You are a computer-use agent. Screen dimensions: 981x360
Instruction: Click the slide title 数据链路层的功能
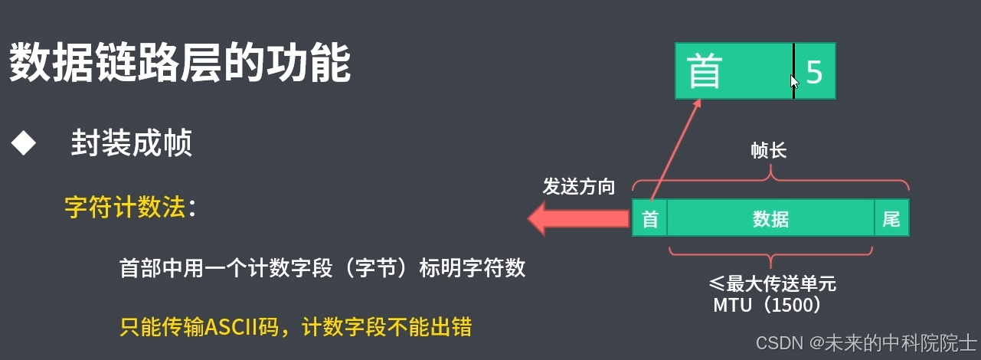click(180, 63)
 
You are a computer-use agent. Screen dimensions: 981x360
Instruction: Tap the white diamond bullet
click(24, 143)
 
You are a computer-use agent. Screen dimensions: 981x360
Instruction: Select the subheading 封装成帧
click(131, 143)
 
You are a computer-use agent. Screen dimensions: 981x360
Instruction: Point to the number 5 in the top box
click(814, 72)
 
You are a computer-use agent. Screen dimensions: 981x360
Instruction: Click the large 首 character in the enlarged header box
click(705, 72)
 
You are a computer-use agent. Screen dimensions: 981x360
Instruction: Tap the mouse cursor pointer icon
click(795, 82)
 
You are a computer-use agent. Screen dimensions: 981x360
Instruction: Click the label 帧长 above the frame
click(769, 151)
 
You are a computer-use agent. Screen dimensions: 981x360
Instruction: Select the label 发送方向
click(579, 187)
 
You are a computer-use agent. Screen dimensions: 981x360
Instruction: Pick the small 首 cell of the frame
click(649, 220)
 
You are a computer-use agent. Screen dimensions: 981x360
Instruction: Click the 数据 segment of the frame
click(770, 220)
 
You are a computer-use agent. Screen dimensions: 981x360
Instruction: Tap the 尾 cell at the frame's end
click(891, 220)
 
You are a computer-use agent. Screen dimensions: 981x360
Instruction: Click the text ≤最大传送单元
click(772, 284)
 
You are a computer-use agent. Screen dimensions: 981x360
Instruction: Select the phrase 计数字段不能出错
click(386, 328)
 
